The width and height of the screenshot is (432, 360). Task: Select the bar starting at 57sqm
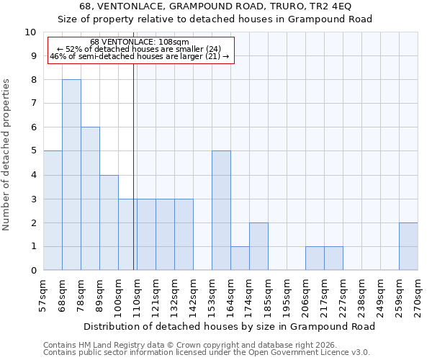tap(53, 210)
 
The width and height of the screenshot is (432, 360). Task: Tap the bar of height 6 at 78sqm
tap(90, 199)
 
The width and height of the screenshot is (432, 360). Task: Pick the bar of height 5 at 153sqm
tap(221, 210)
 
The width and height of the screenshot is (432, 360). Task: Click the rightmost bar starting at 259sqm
tap(408, 246)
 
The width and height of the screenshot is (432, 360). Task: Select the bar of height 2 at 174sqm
tap(258, 246)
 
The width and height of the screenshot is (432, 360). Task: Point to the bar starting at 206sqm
tap(315, 258)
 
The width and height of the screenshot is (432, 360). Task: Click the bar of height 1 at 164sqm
tap(240, 258)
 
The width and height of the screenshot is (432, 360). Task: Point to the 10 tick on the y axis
tap(30, 32)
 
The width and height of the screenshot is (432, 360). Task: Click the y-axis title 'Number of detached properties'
tap(7, 156)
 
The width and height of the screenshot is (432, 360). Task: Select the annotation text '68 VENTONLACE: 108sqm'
tap(140, 42)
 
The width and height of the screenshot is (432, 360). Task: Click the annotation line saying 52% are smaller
tap(140, 49)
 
